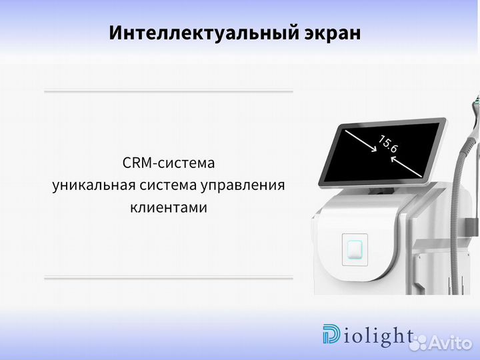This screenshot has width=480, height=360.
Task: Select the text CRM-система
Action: point(169,163)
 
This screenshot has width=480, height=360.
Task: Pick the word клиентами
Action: point(169,208)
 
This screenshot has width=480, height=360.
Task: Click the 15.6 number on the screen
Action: point(388,145)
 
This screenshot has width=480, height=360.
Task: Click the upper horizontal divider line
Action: point(169,91)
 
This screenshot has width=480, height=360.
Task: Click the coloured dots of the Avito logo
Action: point(419,342)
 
